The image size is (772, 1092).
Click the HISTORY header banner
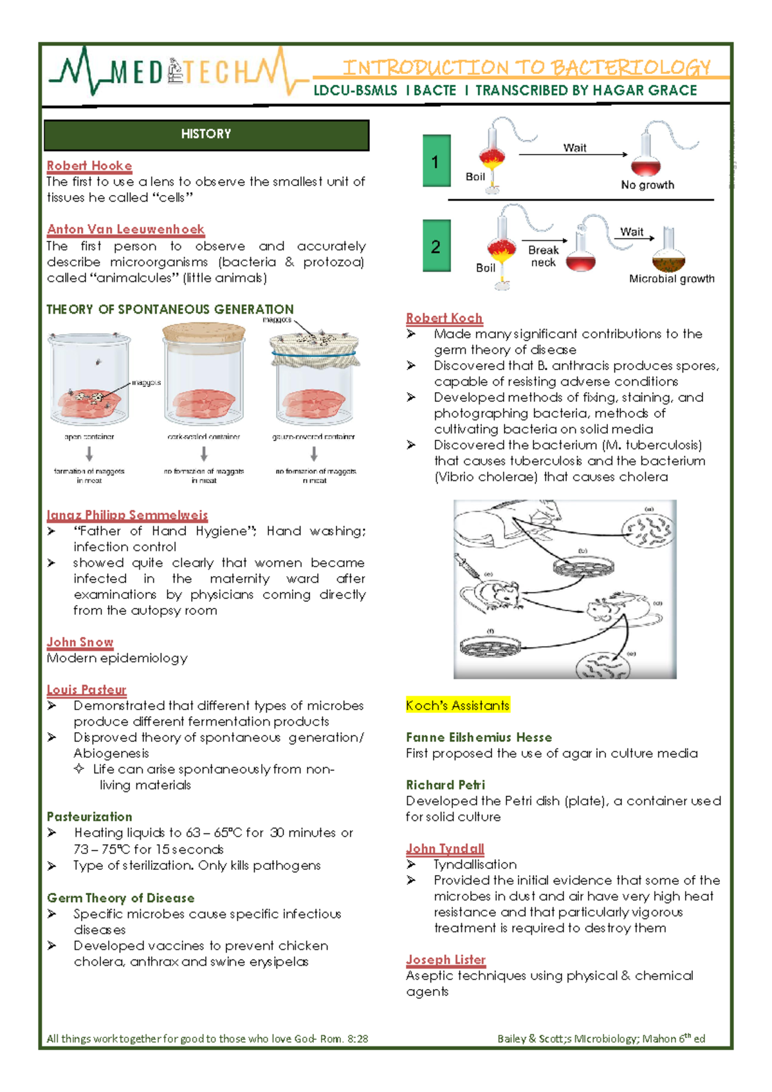point(206,135)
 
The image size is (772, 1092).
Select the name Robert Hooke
point(89,166)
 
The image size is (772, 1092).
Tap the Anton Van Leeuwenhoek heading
point(125,229)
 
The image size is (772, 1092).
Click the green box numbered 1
point(436,161)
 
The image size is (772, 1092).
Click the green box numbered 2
point(436,246)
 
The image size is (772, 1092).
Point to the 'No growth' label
point(647,185)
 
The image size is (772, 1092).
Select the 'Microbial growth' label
point(672,279)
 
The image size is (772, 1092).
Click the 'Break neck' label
point(544,256)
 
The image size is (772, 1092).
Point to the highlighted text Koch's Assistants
point(457,706)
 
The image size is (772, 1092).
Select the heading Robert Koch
point(444,318)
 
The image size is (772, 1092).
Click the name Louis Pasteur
point(86,690)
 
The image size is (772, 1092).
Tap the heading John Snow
point(80,642)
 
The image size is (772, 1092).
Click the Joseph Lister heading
point(445,959)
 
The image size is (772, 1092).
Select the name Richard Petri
point(445,785)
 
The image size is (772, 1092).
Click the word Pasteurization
point(89,816)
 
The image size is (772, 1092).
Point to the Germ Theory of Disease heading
point(120,898)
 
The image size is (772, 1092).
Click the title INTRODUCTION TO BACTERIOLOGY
point(526,67)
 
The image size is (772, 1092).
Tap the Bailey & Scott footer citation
point(601,1039)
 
